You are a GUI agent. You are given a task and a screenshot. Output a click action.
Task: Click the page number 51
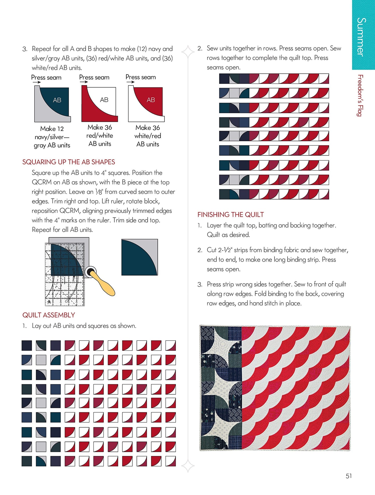click(349, 476)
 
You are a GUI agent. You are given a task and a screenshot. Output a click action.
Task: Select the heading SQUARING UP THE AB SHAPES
click(69, 162)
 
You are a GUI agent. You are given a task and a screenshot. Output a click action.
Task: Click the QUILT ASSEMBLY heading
click(49, 315)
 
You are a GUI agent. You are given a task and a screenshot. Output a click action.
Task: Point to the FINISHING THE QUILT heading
click(230, 214)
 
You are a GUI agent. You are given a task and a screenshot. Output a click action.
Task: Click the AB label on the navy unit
click(57, 100)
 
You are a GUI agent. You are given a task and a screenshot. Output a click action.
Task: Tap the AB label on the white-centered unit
click(104, 100)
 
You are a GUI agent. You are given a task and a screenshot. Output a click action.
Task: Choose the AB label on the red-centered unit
click(151, 100)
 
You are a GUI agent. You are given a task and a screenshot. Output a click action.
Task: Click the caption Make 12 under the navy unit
click(52, 129)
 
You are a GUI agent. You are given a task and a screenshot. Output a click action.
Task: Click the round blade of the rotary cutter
click(90, 272)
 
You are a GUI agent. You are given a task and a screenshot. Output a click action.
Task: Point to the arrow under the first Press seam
click(37, 82)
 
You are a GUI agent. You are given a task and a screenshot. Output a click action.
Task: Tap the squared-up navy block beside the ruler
click(140, 257)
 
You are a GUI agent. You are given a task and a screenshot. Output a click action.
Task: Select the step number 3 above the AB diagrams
click(25, 49)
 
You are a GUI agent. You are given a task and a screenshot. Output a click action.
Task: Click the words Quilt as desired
click(228, 235)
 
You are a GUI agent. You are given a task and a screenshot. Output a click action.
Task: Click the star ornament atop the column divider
click(188, 51)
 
